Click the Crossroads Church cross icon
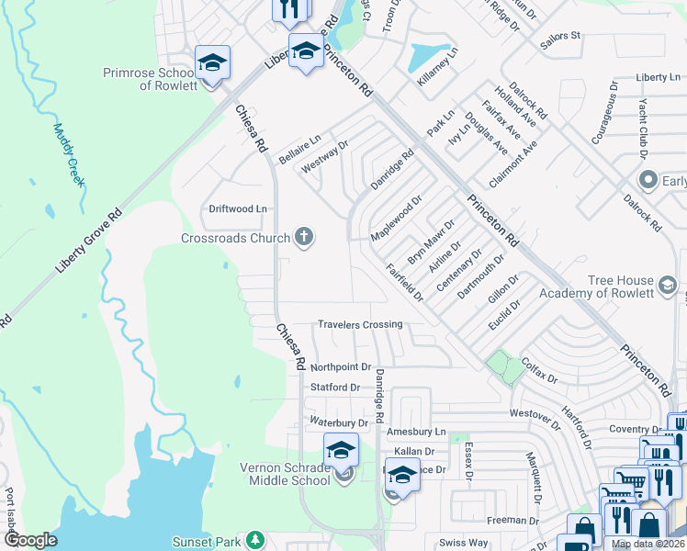click(x=304, y=238)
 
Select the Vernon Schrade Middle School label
click(x=285, y=473)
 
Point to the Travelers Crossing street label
click(x=360, y=324)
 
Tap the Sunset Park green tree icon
click(x=258, y=541)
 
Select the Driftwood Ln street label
click(x=238, y=208)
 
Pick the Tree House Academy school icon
click(x=668, y=287)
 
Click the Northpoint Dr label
click(x=341, y=366)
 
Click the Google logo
click(x=30, y=540)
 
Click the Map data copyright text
click(x=648, y=544)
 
